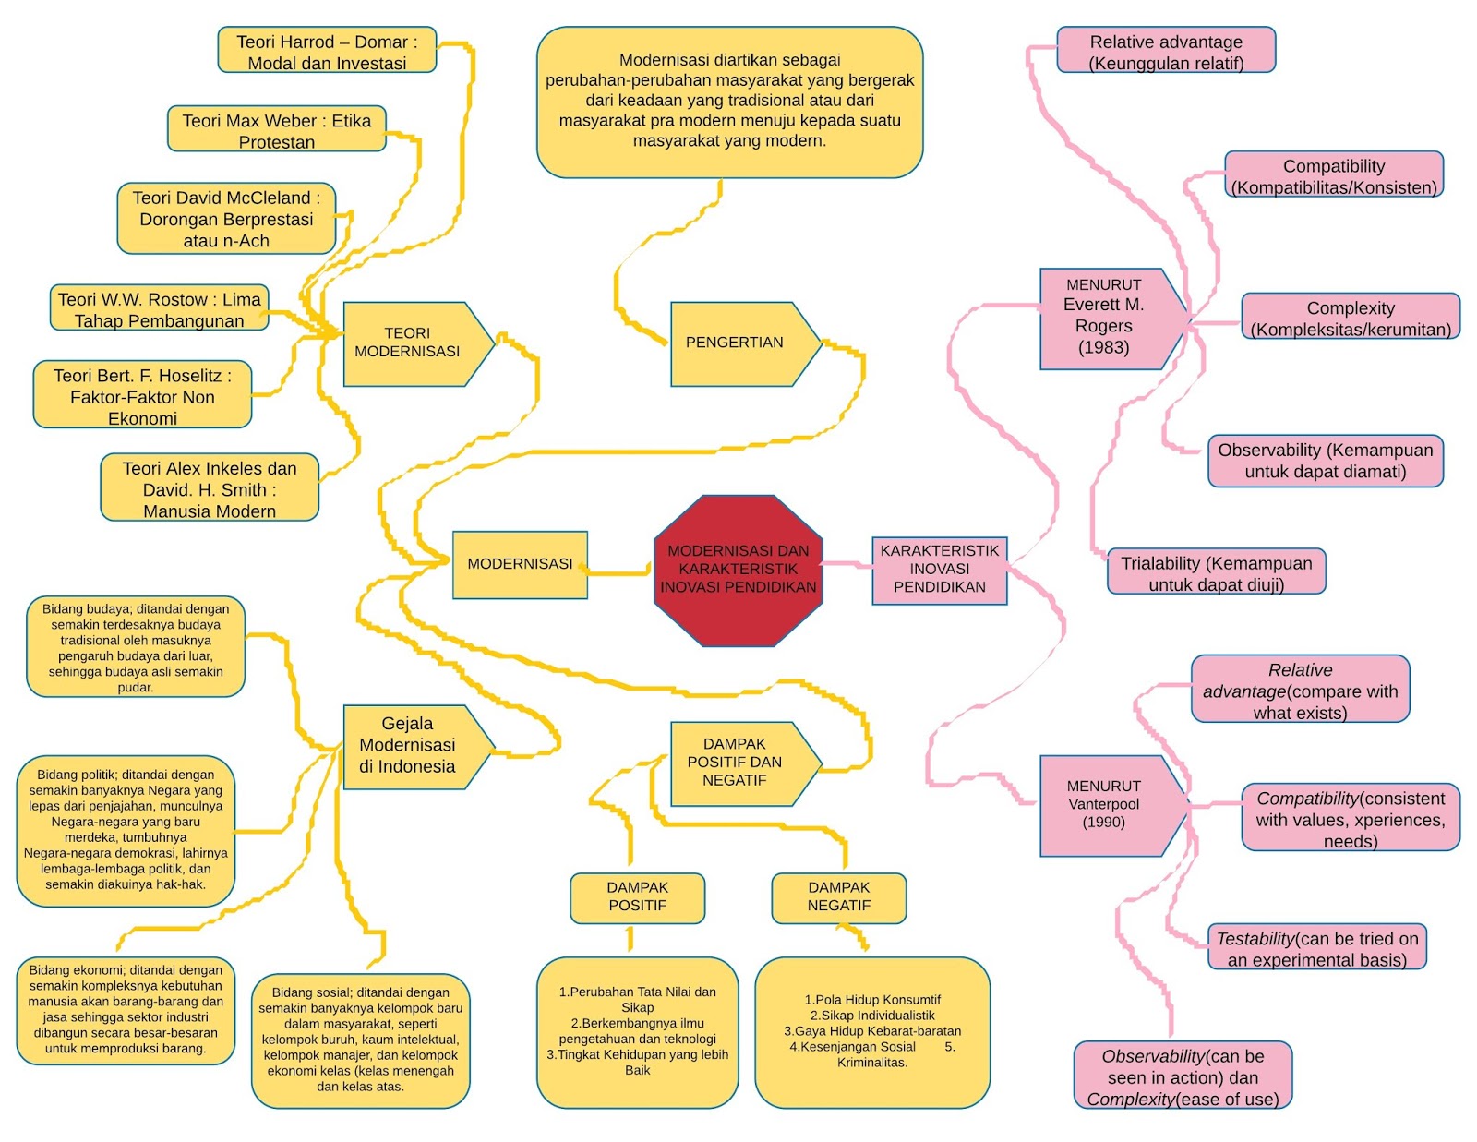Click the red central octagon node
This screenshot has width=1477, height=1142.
[738, 570]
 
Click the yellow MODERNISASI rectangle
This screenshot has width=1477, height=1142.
[520, 564]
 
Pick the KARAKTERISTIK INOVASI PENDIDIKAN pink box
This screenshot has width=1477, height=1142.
[939, 569]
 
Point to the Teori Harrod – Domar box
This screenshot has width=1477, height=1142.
[327, 52]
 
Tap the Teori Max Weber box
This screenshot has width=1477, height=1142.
[276, 130]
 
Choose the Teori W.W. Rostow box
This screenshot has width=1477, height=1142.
[159, 309]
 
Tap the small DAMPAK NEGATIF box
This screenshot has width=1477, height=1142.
[838, 897]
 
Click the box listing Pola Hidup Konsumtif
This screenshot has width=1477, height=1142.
[871, 1031]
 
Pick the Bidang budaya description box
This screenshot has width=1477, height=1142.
[136, 647]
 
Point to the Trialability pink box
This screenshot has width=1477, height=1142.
[1216, 572]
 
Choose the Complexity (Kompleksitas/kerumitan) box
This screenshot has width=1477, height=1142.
[1350, 318]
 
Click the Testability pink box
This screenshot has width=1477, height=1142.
[1316, 948]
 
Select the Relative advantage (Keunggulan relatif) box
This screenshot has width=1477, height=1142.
[1166, 52]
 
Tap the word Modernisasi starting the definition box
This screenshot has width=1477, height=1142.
[654, 61]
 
